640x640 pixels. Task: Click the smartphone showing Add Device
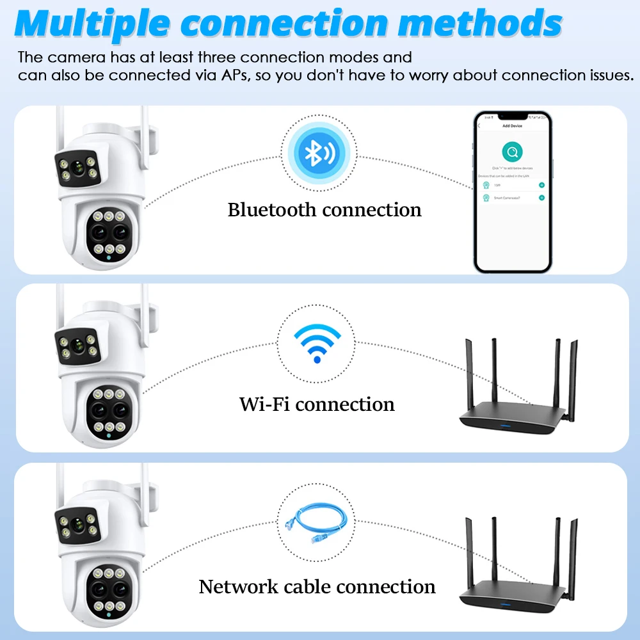click(512, 191)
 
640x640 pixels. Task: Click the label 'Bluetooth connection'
click(324, 210)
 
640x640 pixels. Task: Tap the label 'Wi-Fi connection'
click(317, 404)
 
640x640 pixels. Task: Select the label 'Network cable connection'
click(317, 587)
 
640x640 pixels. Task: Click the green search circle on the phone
click(512, 152)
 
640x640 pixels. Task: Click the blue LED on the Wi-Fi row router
click(506, 425)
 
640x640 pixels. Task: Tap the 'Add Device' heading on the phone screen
click(512, 126)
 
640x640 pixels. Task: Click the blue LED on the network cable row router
click(506, 605)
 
